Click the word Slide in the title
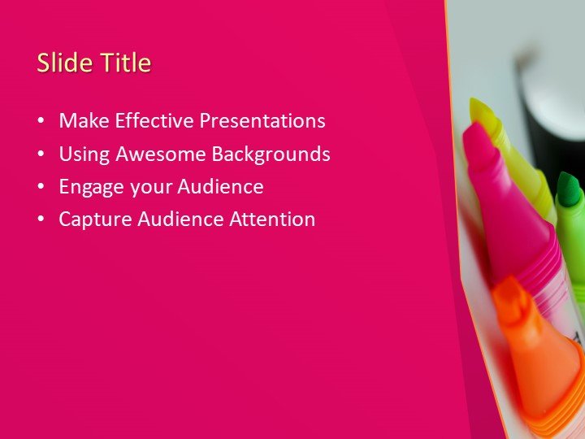(63, 63)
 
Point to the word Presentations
(262, 121)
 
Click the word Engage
(88, 187)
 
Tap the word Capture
(90, 219)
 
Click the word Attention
(274, 219)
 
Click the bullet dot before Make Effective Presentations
(41, 122)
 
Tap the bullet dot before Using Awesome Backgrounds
(41, 154)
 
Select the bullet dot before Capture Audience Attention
(41, 219)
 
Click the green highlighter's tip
(571, 185)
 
